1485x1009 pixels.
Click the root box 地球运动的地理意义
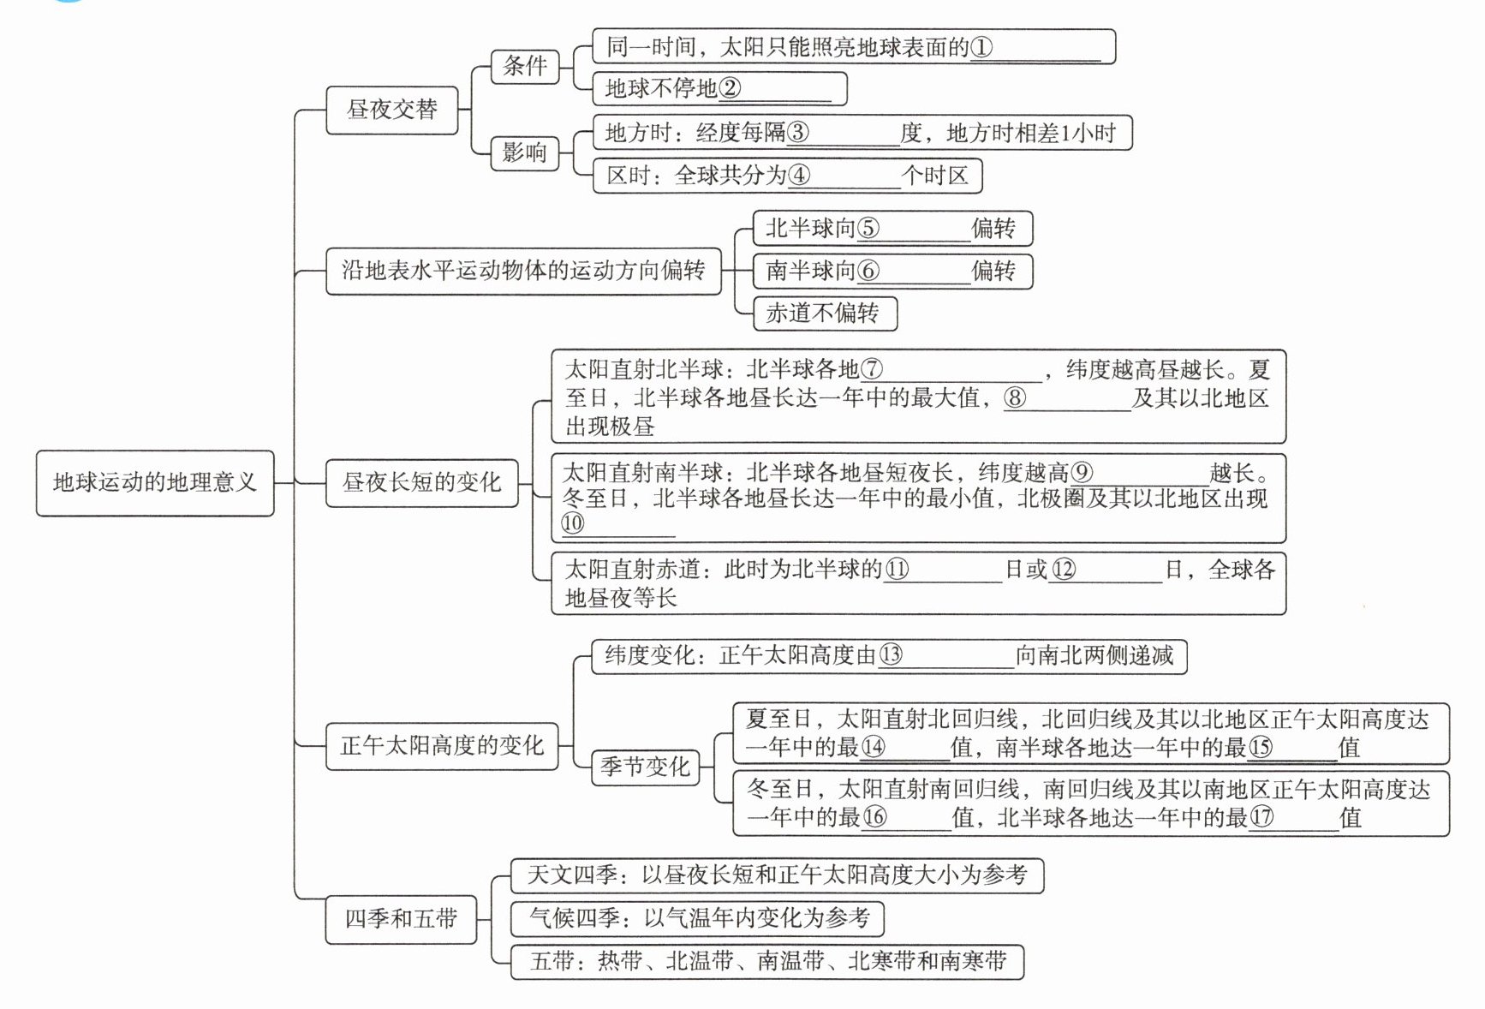pyautogui.click(x=154, y=483)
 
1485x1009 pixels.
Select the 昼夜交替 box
pyautogui.click(x=391, y=110)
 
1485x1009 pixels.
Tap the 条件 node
pyautogui.click(x=524, y=66)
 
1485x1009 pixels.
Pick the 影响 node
pyautogui.click(x=523, y=153)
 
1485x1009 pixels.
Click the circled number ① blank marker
pyautogui.click(x=981, y=47)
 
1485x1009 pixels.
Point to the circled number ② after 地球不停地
pyautogui.click(x=730, y=88)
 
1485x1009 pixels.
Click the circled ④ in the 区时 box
pyautogui.click(x=798, y=176)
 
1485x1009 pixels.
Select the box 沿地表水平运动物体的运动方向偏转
pyautogui.click(x=522, y=271)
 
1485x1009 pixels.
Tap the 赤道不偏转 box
pyautogui.click(x=823, y=313)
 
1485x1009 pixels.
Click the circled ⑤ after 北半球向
pyautogui.click(x=868, y=229)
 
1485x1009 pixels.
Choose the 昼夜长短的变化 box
pyautogui.click(x=421, y=483)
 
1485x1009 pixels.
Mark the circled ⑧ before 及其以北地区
pyautogui.click(x=1015, y=397)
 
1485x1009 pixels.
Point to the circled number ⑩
pyautogui.click(x=573, y=523)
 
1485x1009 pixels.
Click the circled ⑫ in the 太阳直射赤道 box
pyautogui.click(x=1063, y=570)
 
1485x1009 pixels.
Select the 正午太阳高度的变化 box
pyautogui.click(x=442, y=746)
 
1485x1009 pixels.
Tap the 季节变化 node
pyautogui.click(x=645, y=767)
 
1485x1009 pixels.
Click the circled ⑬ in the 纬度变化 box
pyautogui.click(x=891, y=655)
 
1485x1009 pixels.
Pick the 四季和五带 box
pyautogui.click(x=401, y=919)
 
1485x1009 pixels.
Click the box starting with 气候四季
pyautogui.click(x=697, y=918)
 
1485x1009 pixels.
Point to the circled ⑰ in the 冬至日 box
pyautogui.click(x=1261, y=817)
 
